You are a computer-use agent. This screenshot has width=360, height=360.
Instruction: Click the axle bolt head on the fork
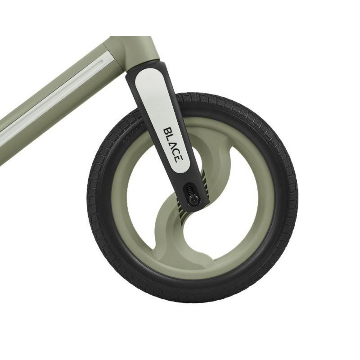194,198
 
